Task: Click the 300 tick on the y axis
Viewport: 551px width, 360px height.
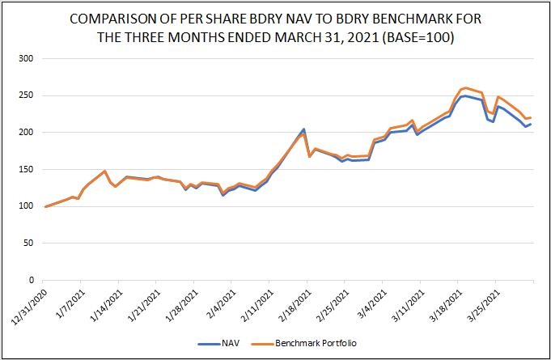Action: tap(25, 58)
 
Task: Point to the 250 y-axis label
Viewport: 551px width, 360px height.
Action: tap(25, 95)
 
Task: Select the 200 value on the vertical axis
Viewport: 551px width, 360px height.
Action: tap(25, 132)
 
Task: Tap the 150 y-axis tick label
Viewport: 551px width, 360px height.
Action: tap(25, 169)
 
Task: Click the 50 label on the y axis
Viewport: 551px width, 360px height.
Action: tap(28, 243)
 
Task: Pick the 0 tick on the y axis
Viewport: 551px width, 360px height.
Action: tap(31, 280)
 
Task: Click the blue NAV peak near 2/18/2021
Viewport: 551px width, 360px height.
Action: tap(303, 129)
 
